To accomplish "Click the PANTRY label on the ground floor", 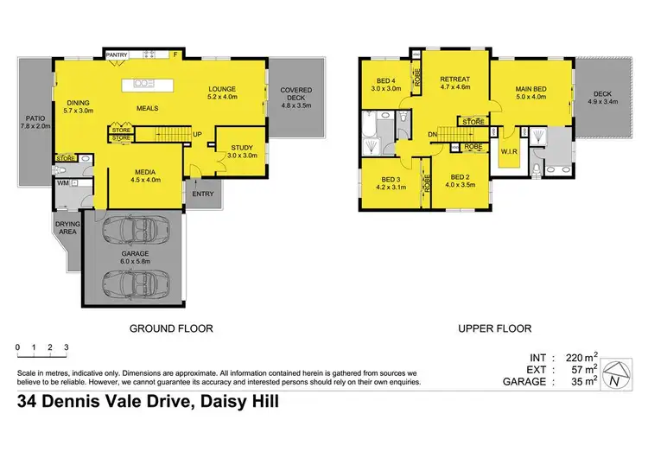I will coord(117,55).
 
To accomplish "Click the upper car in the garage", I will coord(132,231).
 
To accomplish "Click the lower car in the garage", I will coord(132,282).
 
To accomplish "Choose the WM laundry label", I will coord(63,183).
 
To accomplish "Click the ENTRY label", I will coord(204,194).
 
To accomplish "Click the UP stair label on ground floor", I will coord(197,134).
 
